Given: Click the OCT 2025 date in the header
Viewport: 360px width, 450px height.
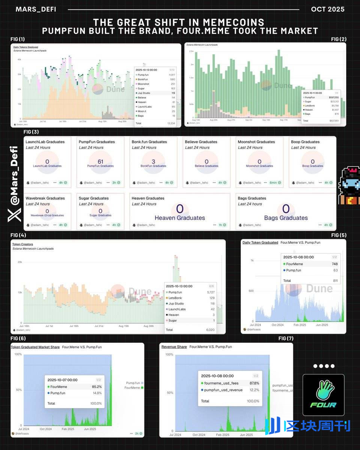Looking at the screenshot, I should (x=327, y=9).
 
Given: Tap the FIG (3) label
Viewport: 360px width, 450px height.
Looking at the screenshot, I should (x=31, y=132).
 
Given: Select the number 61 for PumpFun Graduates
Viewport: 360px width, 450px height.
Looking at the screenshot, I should (x=100, y=162).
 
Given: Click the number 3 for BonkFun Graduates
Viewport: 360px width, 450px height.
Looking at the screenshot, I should (x=153, y=162).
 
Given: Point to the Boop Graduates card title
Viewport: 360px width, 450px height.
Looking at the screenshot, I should (x=305, y=142).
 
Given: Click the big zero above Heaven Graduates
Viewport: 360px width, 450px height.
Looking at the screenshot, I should (x=180, y=209).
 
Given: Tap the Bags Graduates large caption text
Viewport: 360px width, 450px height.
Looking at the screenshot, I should (x=286, y=218).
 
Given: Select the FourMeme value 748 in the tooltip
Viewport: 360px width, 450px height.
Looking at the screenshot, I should (x=334, y=264).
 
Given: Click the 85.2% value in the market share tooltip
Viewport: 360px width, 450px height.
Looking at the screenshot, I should (x=96, y=387).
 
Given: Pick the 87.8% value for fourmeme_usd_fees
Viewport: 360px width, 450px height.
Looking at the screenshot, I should (x=254, y=383).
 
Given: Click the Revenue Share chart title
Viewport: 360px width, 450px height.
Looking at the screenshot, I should (x=174, y=347).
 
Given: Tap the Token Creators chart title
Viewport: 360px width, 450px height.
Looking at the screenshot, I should (x=22, y=244).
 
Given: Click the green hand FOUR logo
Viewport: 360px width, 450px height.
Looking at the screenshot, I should (x=323, y=394).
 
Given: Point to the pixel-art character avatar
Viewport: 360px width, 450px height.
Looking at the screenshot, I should (x=348, y=186).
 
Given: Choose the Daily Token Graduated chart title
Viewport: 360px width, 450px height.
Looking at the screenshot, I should (x=260, y=243).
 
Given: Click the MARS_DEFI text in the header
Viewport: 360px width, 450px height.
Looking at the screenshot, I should (x=36, y=9).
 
